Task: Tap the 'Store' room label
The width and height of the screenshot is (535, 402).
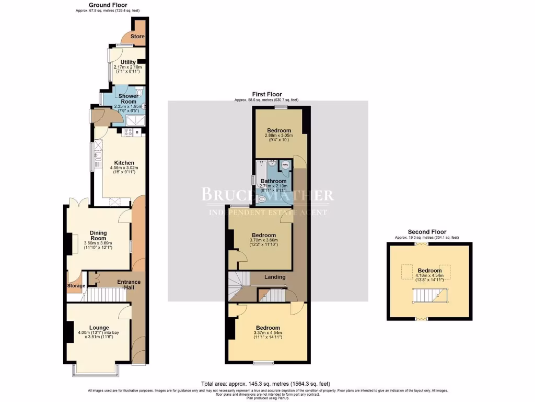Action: (137, 37)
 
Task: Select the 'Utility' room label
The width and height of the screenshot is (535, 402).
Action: (128, 62)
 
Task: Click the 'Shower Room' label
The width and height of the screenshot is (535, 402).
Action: (128, 99)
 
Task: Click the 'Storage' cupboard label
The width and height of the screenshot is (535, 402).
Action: (76, 286)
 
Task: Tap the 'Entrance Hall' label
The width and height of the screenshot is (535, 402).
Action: (129, 285)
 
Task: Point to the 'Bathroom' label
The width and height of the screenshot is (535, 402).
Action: (274, 181)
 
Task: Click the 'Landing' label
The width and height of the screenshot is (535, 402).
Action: (275, 277)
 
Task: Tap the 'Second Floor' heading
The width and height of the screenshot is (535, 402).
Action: (427, 232)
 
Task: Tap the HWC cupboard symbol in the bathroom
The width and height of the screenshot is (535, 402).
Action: (285, 165)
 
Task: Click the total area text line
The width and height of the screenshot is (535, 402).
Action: (265, 384)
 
